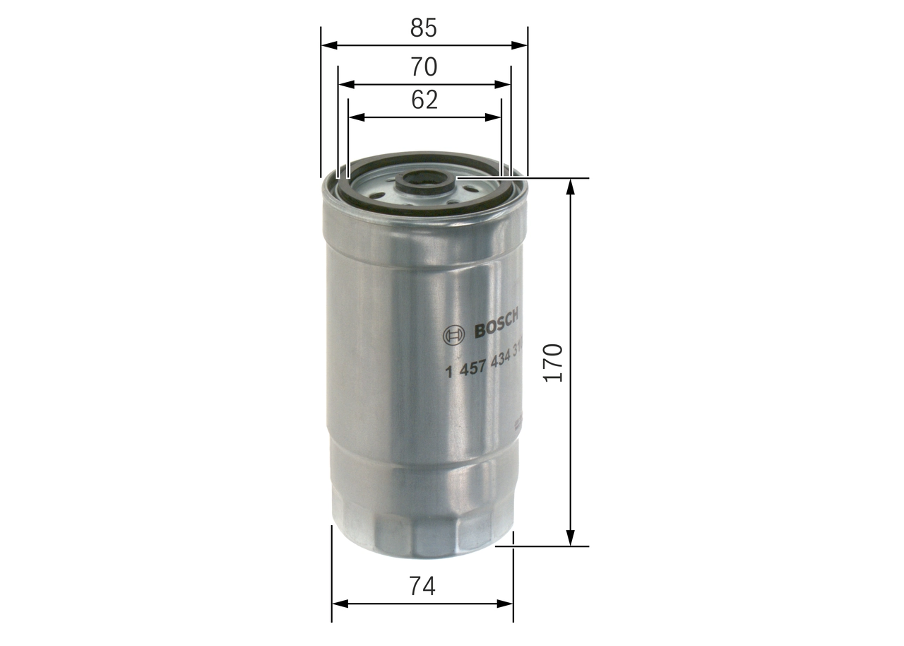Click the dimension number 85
pyautogui.click(x=424, y=28)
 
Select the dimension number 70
pyautogui.click(x=424, y=67)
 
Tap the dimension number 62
pyautogui.click(x=424, y=100)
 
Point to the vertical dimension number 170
pyautogui.click(x=554, y=363)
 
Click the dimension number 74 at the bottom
pyautogui.click(x=422, y=586)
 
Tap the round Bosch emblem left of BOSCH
pyautogui.click(x=454, y=335)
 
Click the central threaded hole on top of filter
pyautogui.click(x=423, y=181)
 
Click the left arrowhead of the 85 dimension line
pyautogui.click(x=328, y=45)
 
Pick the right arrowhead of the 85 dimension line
pyautogui.click(x=520, y=45)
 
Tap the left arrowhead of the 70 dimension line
pyautogui.click(x=345, y=84)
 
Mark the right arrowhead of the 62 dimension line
pyautogui.click(x=494, y=117)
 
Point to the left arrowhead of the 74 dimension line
pyautogui.click(x=340, y=604)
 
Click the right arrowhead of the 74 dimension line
pyautogui.click(x=506, y=604)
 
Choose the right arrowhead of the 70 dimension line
pyautogui.click(x=503, y=84)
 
